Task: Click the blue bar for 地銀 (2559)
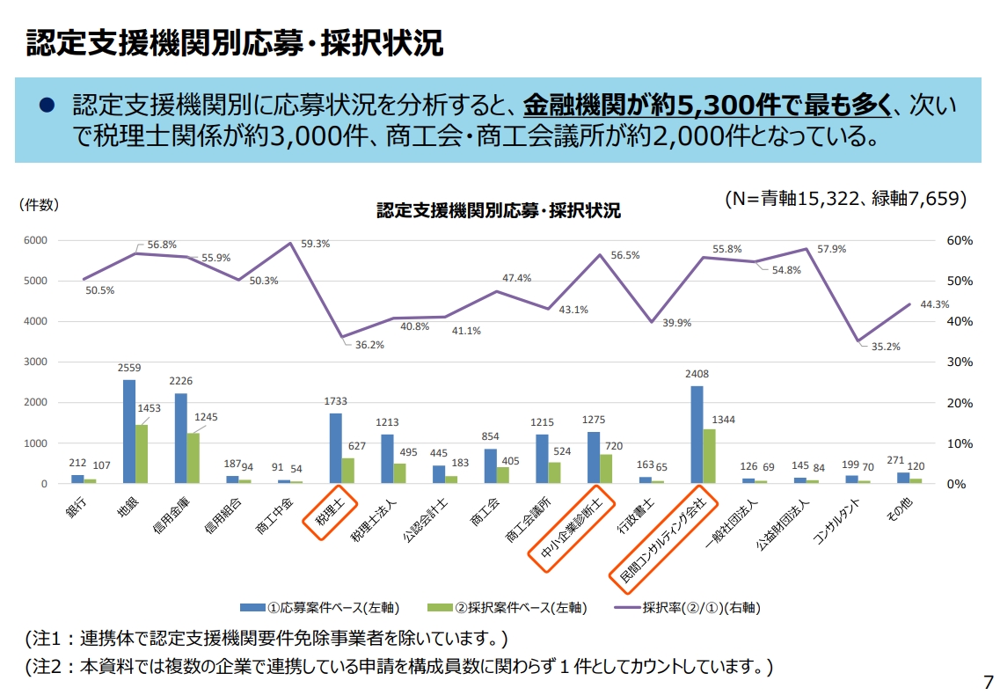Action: [x=129, y=431]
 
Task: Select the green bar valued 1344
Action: [x=709, y=456]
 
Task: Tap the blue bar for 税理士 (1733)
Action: [x=335, y=448]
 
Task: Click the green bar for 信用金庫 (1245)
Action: [x=193, y=457]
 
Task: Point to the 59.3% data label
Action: [x=315, y=244]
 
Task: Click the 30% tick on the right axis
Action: [x=960, y=362]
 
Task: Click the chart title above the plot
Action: [x=498, y=210]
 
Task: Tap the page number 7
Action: [x=987, y=681]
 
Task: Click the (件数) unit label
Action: [x=40, y=204]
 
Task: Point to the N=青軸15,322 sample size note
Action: [x=845, y=199]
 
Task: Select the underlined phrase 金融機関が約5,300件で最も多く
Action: [x=708, y=105]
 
